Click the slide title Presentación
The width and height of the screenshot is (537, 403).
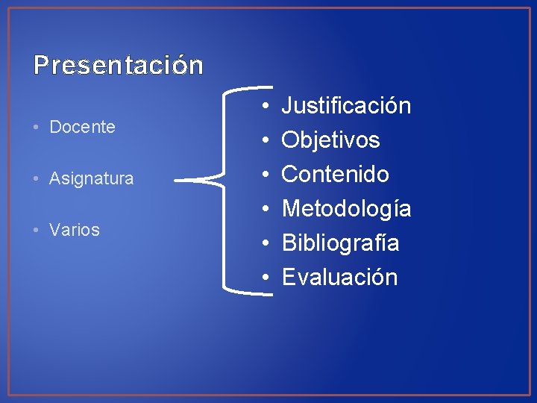[118, 66]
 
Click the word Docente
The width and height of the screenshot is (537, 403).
[82, 127]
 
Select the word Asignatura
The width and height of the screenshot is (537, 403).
[91, 178]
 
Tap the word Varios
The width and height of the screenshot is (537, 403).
[74, 230]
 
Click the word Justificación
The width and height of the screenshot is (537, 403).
[346, 106]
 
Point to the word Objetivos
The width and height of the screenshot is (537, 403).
[330, 140]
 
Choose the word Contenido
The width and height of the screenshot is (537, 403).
[335, 175]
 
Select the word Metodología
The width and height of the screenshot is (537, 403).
[346, 209]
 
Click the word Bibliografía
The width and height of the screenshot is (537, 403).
[340, 243]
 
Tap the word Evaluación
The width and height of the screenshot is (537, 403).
[339, 278]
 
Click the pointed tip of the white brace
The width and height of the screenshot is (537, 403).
[176, 180]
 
